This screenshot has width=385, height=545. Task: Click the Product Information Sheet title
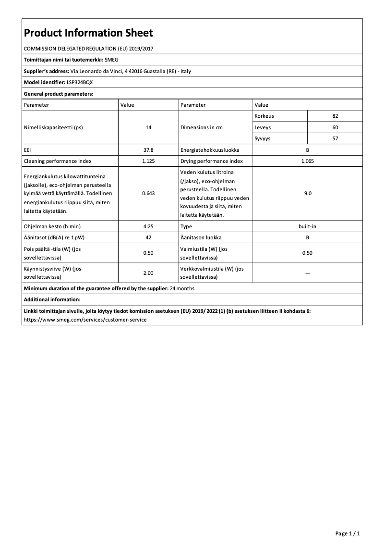pyautogui.click(x=88, y=33)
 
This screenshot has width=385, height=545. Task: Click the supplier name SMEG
pyautogui.click(x=111, y=60)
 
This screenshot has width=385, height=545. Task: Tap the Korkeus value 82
pyautogui.click(x=335, y=116)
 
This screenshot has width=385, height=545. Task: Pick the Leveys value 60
pyautogui.click(x=335, y=127)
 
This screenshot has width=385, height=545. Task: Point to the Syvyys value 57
pyautogui.click(x=335, y=138)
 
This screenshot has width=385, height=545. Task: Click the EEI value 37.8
pyautogui.click(x=148, y=150)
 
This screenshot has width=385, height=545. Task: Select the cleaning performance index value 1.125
pyautogui.click(x=148, y=161)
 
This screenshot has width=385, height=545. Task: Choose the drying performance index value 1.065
pyautogui.click(x=307, y=161)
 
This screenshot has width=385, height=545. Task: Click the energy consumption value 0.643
pyautogui.click(x=148, y=193)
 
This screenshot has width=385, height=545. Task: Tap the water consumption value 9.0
pyautogui.click(x=307, y=193)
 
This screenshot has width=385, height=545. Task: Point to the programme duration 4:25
pyautogui.click(x=148, y=226)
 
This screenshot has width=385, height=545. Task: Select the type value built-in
pyautogui.click(x=307, y=226)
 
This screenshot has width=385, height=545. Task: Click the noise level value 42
pyautogui.click(x=148, y=237)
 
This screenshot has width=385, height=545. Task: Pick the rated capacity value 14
pyautogui.click(x=148, y=127)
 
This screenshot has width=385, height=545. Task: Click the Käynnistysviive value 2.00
pyautogui.click(x=148, y=273)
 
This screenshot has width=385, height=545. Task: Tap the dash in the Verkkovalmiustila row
pyautogui.click(x=307, y=273)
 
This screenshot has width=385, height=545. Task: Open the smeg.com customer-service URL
pyautogui.click(x=85, y=319)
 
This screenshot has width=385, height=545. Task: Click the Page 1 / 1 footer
pyautogui.click(x=348, y=533)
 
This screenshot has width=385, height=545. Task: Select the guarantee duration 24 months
pyautogui.click(x=182, y=288)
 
